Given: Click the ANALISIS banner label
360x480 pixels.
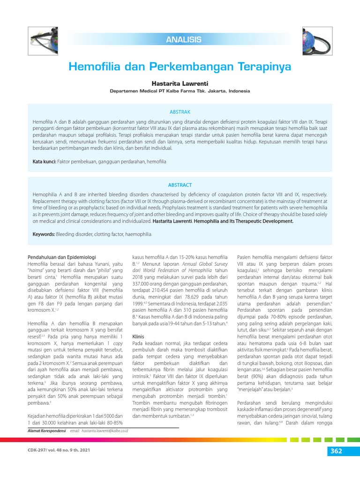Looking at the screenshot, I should [x=183, y=40].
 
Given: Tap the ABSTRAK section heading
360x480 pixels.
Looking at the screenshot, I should [x=180, y=112].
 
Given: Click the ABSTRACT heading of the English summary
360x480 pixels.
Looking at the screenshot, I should [x=180, y=185].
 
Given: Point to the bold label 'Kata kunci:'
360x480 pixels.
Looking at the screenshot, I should [x=44, y=162].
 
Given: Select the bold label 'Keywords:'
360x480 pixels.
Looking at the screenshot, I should [x=44, y=234].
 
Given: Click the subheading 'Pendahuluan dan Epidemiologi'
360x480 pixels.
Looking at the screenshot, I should [x=62, y=257].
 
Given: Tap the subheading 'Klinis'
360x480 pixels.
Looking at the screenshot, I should [x=138, y=337].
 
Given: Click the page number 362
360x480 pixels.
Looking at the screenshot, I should [x=335, y=451].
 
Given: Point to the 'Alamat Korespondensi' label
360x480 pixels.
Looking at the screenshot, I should [x=46, y=430].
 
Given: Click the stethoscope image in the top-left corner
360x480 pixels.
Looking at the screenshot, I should [x=43, y=38].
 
